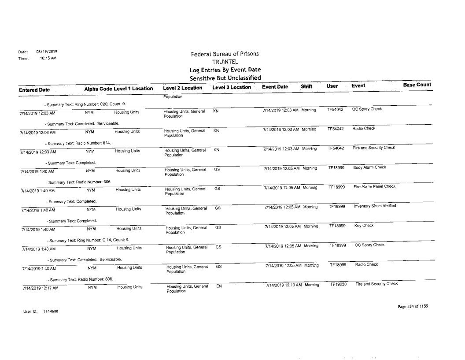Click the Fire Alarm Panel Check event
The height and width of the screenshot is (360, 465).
[x=372, y=187]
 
